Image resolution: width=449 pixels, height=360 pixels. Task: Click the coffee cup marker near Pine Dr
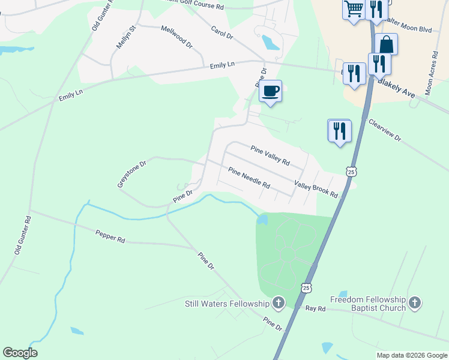point(270,91)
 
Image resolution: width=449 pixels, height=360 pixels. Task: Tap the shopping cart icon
point(354,9)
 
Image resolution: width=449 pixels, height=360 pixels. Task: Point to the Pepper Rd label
point(110,236)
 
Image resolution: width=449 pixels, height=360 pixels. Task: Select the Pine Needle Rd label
point(249,177)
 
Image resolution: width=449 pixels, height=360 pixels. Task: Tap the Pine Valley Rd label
point(270,155)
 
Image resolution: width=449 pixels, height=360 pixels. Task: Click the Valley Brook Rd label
point(316,190)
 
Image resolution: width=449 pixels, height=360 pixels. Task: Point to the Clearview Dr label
point(384,128)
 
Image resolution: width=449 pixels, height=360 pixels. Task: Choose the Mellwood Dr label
point(177,36)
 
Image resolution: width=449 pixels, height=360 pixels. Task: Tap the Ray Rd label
point(315,308)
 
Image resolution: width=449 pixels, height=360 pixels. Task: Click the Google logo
point(20,353)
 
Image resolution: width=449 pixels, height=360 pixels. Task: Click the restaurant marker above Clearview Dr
point(339,131)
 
